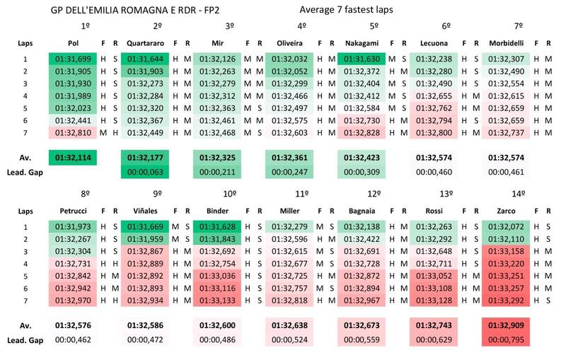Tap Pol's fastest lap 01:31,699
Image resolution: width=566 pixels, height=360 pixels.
click(x=73, y=59)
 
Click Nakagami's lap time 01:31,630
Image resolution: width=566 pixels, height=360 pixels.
click(x=362, y=59)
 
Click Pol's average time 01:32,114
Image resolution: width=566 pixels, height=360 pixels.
click(x=73, y=157)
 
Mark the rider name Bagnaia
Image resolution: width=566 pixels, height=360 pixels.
click(x=362, y=211)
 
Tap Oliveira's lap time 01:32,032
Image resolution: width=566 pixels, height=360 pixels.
click(x=289, y=59)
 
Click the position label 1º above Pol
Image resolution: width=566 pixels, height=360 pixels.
click(x=84, y=25)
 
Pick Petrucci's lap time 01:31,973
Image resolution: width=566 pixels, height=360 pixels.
click(x=73, y=226)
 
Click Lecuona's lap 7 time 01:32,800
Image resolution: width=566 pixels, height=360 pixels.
click(x=434, y=132)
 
